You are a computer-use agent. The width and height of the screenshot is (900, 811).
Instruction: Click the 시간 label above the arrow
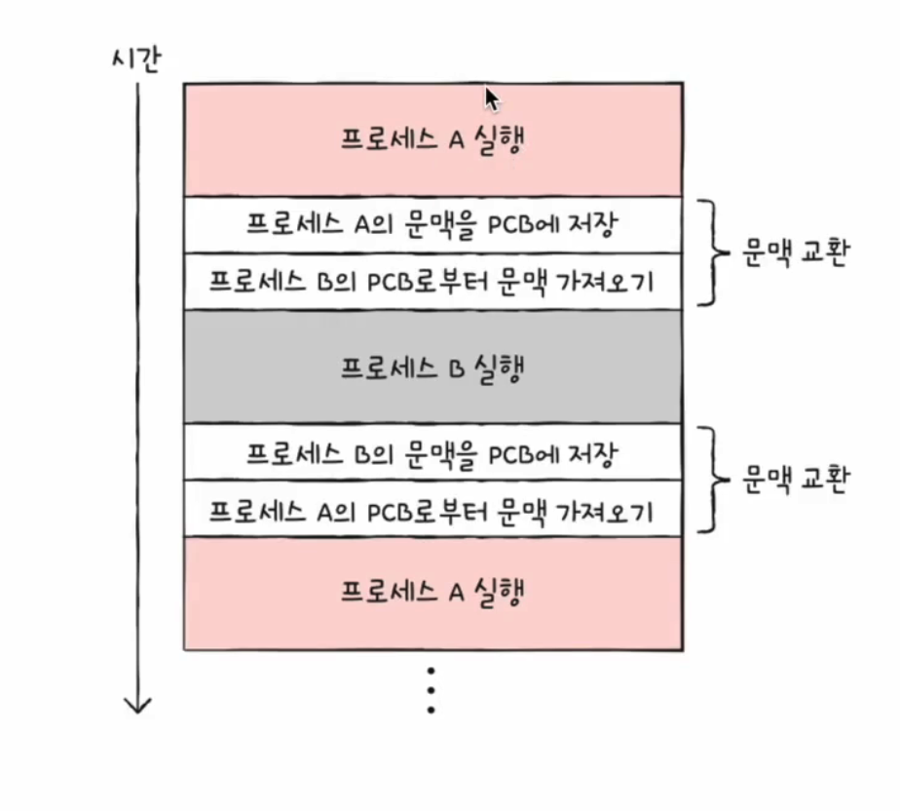136,60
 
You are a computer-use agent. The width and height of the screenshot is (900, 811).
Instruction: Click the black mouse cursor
491,98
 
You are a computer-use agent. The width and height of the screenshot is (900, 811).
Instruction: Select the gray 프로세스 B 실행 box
432,367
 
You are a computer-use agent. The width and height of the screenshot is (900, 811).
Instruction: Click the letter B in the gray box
454,368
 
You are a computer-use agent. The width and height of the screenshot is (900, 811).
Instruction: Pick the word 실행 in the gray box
498,368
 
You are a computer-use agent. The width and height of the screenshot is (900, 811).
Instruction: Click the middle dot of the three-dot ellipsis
430,689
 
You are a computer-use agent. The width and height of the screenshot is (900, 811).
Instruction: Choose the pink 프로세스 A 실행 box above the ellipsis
432,592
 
